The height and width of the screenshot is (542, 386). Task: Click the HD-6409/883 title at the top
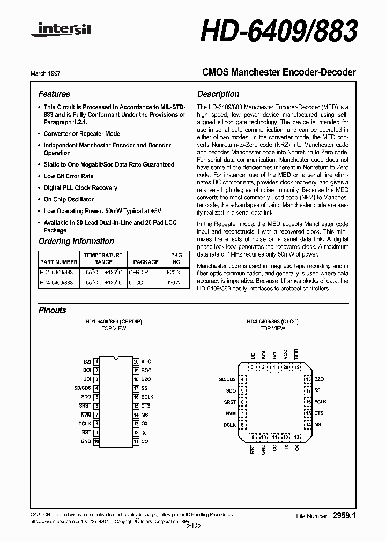coord(279,31)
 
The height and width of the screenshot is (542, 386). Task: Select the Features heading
coord(54,94)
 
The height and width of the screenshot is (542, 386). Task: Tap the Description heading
coord(218,94)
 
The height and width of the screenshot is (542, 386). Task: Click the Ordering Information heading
coord(76,241)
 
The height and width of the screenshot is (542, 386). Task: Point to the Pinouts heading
coord(53,311)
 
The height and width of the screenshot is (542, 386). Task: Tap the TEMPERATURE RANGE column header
coord(103,259)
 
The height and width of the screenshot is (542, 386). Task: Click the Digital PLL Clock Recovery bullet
coord(80,188)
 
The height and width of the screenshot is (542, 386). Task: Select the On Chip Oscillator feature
coord(69,199)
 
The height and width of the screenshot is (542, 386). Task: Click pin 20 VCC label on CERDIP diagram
coord(146,362)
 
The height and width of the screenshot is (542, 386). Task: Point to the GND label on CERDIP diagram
coord(86,442)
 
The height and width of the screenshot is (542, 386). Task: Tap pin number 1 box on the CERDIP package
coord(96,362)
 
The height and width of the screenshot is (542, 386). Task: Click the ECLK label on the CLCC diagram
coord(320,402)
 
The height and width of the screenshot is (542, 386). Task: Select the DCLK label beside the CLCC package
coord(229,425)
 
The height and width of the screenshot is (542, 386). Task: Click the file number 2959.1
coord(344,516)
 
